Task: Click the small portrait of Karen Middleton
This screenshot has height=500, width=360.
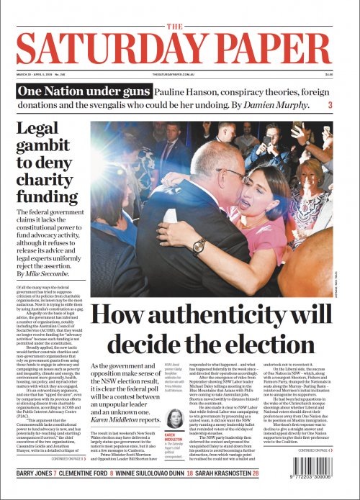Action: pos(175,419)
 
